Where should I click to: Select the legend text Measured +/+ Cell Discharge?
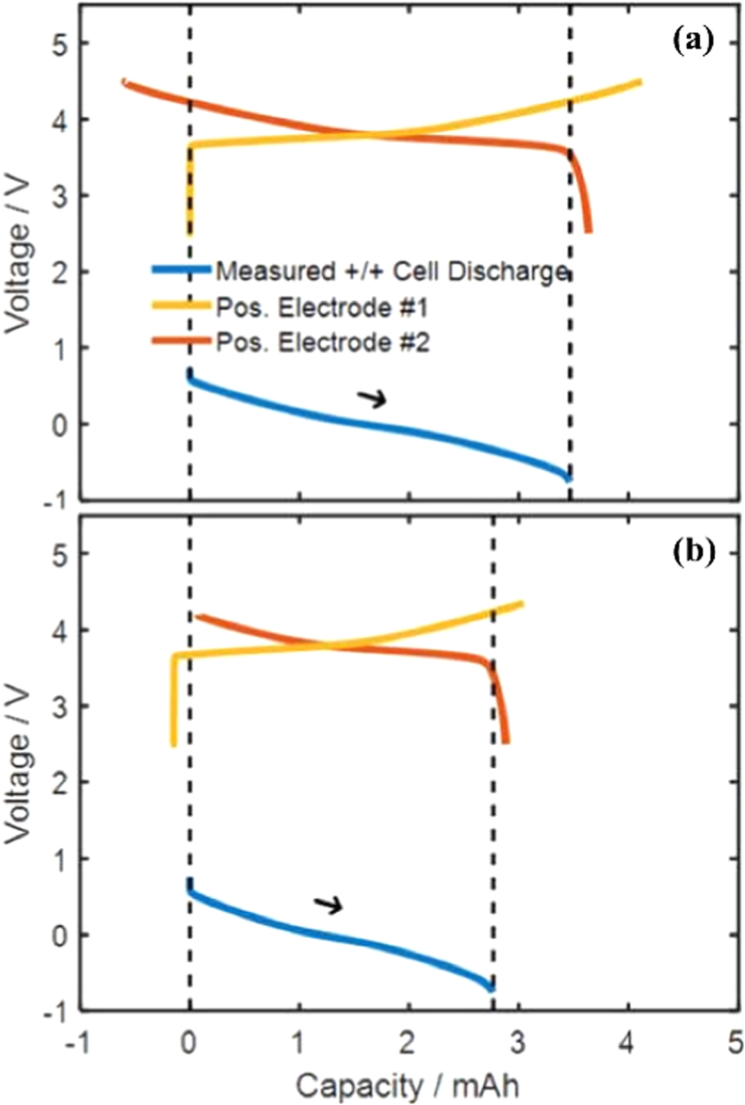click(392, 271)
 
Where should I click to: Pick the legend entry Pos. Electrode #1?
click(322, 307)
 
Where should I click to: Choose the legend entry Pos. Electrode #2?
click(322, 342)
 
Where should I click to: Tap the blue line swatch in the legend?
click(181, 270)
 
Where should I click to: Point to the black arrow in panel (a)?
click(372, 399)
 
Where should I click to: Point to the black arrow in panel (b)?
click(328, 905)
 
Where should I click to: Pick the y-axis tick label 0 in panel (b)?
click(60, 935)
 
